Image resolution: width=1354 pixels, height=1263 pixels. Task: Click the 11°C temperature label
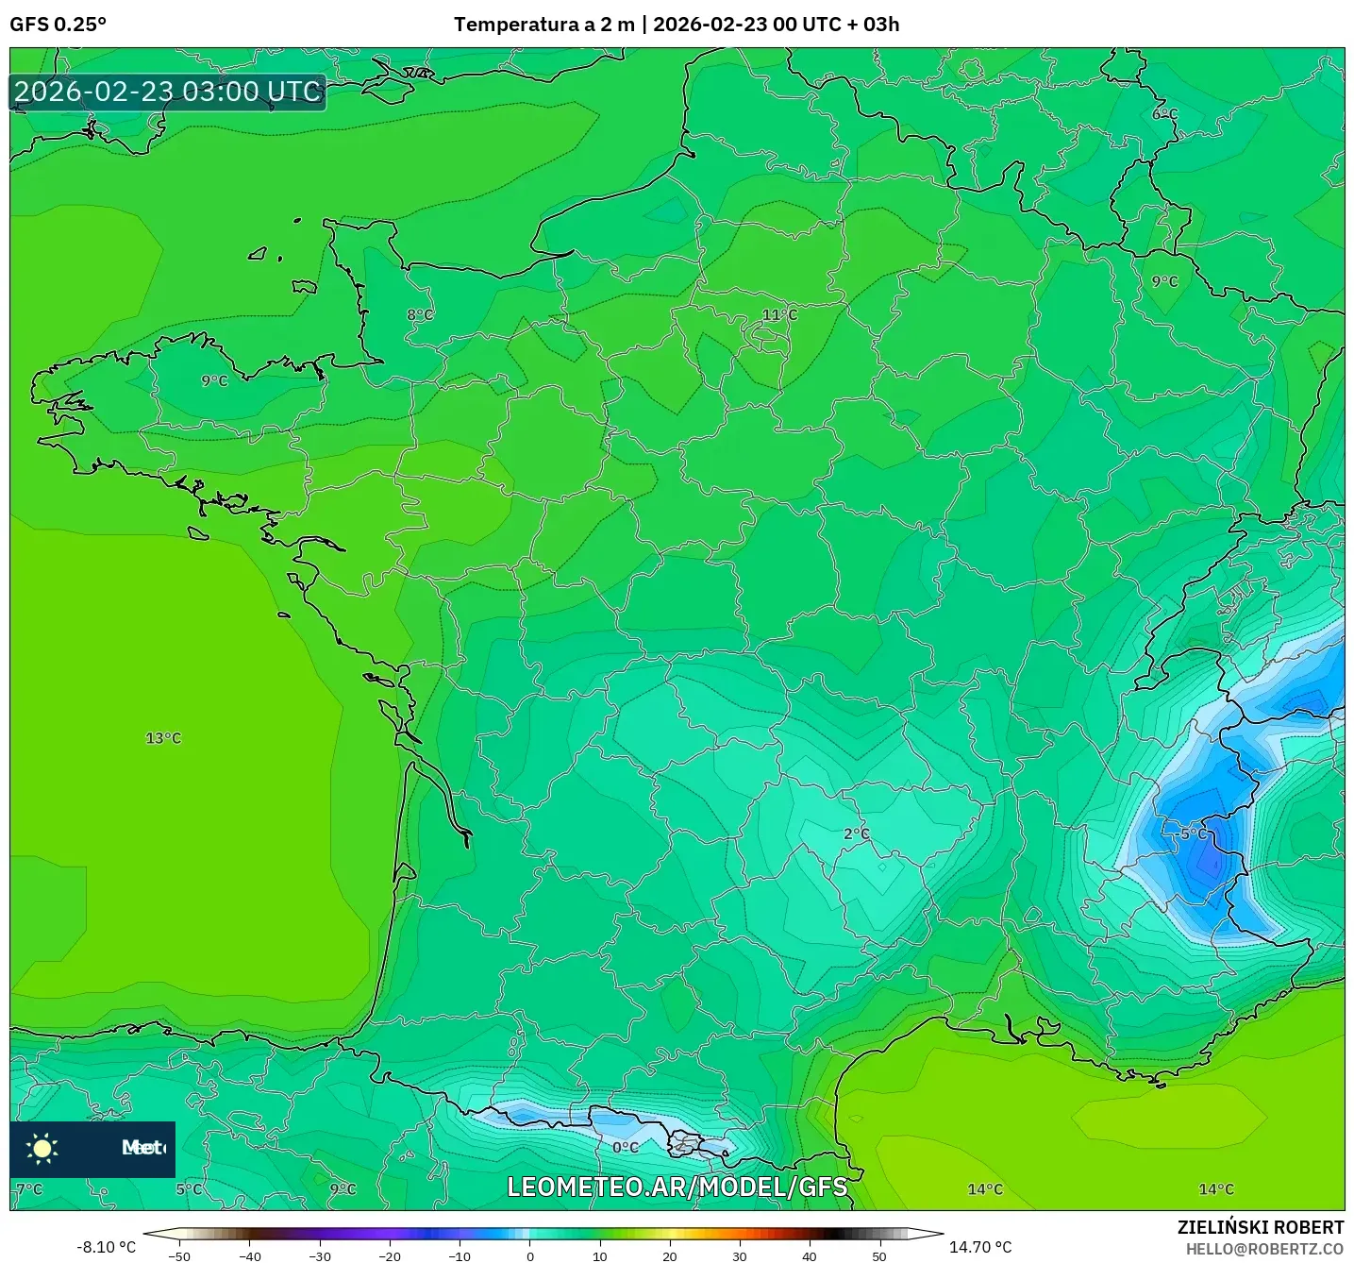(779, 315)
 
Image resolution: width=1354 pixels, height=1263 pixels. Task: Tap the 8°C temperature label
(420, 314)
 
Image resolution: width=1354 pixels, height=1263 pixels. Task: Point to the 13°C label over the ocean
(163, 738)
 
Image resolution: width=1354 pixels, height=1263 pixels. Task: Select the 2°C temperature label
(857, 834)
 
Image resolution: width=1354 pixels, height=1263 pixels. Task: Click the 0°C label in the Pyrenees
(626, 1148)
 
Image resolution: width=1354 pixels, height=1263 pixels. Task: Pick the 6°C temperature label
(1165, 114)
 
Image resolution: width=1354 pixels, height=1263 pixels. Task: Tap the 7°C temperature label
(30, 1189)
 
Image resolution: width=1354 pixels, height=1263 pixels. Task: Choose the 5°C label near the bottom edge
(190, 1189)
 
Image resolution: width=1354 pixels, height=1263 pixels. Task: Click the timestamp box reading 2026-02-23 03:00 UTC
(168, 92)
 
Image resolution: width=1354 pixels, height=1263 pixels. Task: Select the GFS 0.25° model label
(58, 25)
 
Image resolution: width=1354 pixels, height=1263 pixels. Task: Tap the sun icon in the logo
(42, 1148)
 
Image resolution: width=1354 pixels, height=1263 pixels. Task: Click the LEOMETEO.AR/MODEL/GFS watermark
(677, 1187)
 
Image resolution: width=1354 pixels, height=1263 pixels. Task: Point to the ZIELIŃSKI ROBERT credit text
(1261, 1227)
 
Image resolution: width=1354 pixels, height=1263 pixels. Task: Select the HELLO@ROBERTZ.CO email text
(1264, 1249)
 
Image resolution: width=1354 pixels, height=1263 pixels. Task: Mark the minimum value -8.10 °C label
(106, 1247)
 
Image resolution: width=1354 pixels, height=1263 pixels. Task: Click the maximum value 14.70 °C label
(980, 1247)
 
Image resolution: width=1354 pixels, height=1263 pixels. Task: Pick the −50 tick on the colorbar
(178, 1255)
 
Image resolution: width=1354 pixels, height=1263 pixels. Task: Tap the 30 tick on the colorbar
(739, 1255)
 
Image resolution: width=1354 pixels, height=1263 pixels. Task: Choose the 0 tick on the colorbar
(529, 1255)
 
